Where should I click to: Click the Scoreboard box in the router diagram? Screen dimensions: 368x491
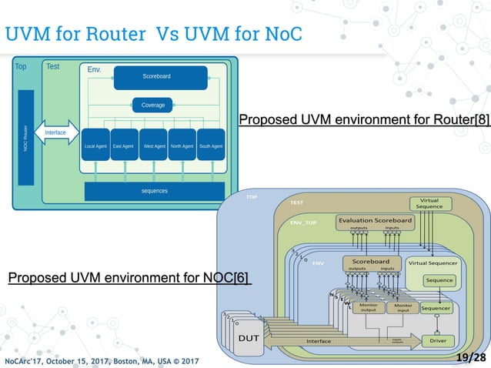160,77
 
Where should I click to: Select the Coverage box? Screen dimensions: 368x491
152,105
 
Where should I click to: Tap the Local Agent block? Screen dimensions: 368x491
95,146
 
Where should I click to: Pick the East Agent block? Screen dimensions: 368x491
123,146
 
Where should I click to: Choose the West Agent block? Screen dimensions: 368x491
153,146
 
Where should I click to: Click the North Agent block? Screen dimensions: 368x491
182,146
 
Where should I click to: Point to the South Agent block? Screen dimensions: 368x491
210,146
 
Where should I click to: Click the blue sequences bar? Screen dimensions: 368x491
154,190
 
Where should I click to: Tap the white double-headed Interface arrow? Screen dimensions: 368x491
56,132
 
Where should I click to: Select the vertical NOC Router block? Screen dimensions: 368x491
25,137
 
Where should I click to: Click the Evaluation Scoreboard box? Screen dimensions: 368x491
375,222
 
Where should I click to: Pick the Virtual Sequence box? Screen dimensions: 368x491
429,202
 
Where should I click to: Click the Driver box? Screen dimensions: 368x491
437,340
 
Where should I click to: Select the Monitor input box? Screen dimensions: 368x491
402,308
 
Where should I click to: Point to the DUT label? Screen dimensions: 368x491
248,338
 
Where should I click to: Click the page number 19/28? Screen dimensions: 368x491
470,358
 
